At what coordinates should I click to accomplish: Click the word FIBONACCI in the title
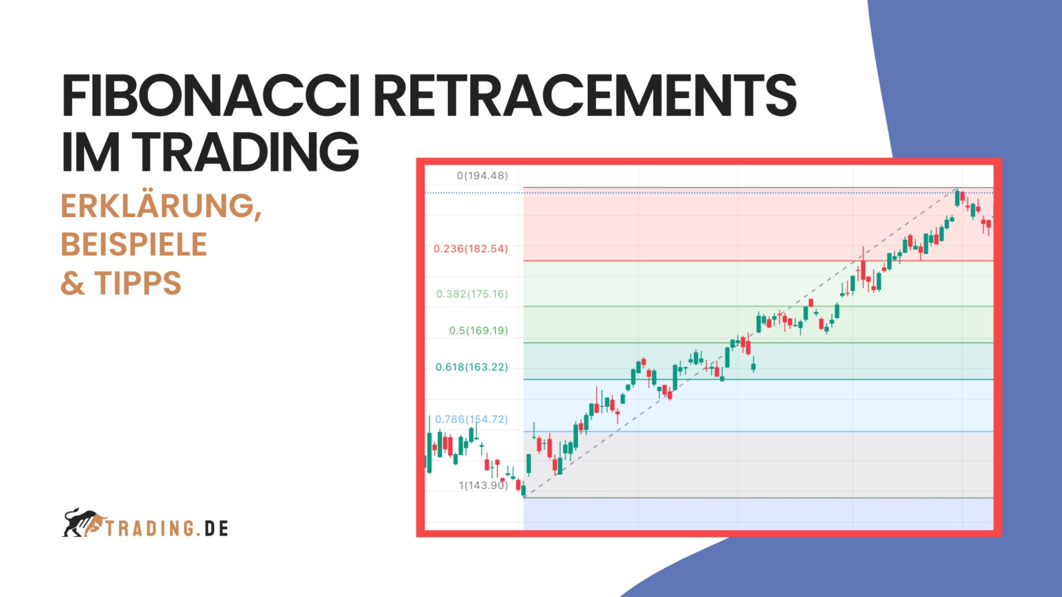[x=210, y=95]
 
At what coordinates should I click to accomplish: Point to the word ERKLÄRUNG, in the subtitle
[x=161, y=206]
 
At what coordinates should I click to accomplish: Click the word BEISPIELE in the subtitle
[x=134, y=245]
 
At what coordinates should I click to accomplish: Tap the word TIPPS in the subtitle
[x=138, y=283]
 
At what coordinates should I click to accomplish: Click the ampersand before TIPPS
[x=73, y=283]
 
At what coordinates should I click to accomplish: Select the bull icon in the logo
[x=82, y=523]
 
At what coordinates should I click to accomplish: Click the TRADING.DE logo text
[x=167, y=529]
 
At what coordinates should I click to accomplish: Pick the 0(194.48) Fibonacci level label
[x=482, y=176]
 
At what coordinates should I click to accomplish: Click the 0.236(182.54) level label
[x=470, y=249]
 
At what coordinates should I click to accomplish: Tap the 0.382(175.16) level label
[x=472, y=294]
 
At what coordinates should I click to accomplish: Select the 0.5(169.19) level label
[x=478, y=331]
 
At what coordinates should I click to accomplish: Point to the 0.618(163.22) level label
[x=471, y=368]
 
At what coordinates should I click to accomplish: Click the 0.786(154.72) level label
[x=471, y=419]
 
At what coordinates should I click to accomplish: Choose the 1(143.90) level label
[x=483, y=486]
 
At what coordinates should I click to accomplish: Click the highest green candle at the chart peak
[x=957, y=198]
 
